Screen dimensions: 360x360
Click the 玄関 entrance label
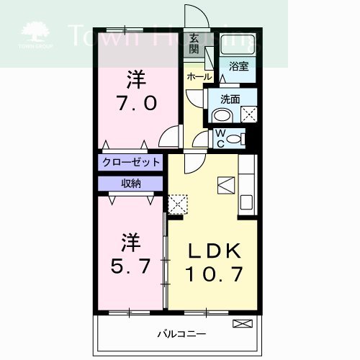tap(194, 44)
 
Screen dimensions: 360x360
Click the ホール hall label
tap(199, 76)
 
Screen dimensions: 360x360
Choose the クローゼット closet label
tap(130, 163)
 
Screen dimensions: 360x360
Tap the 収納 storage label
tap(130, 183)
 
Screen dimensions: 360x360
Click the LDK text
tap(213, 251)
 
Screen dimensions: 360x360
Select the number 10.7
tap(213, 274)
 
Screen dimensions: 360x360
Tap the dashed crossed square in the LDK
tap(176, 204)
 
